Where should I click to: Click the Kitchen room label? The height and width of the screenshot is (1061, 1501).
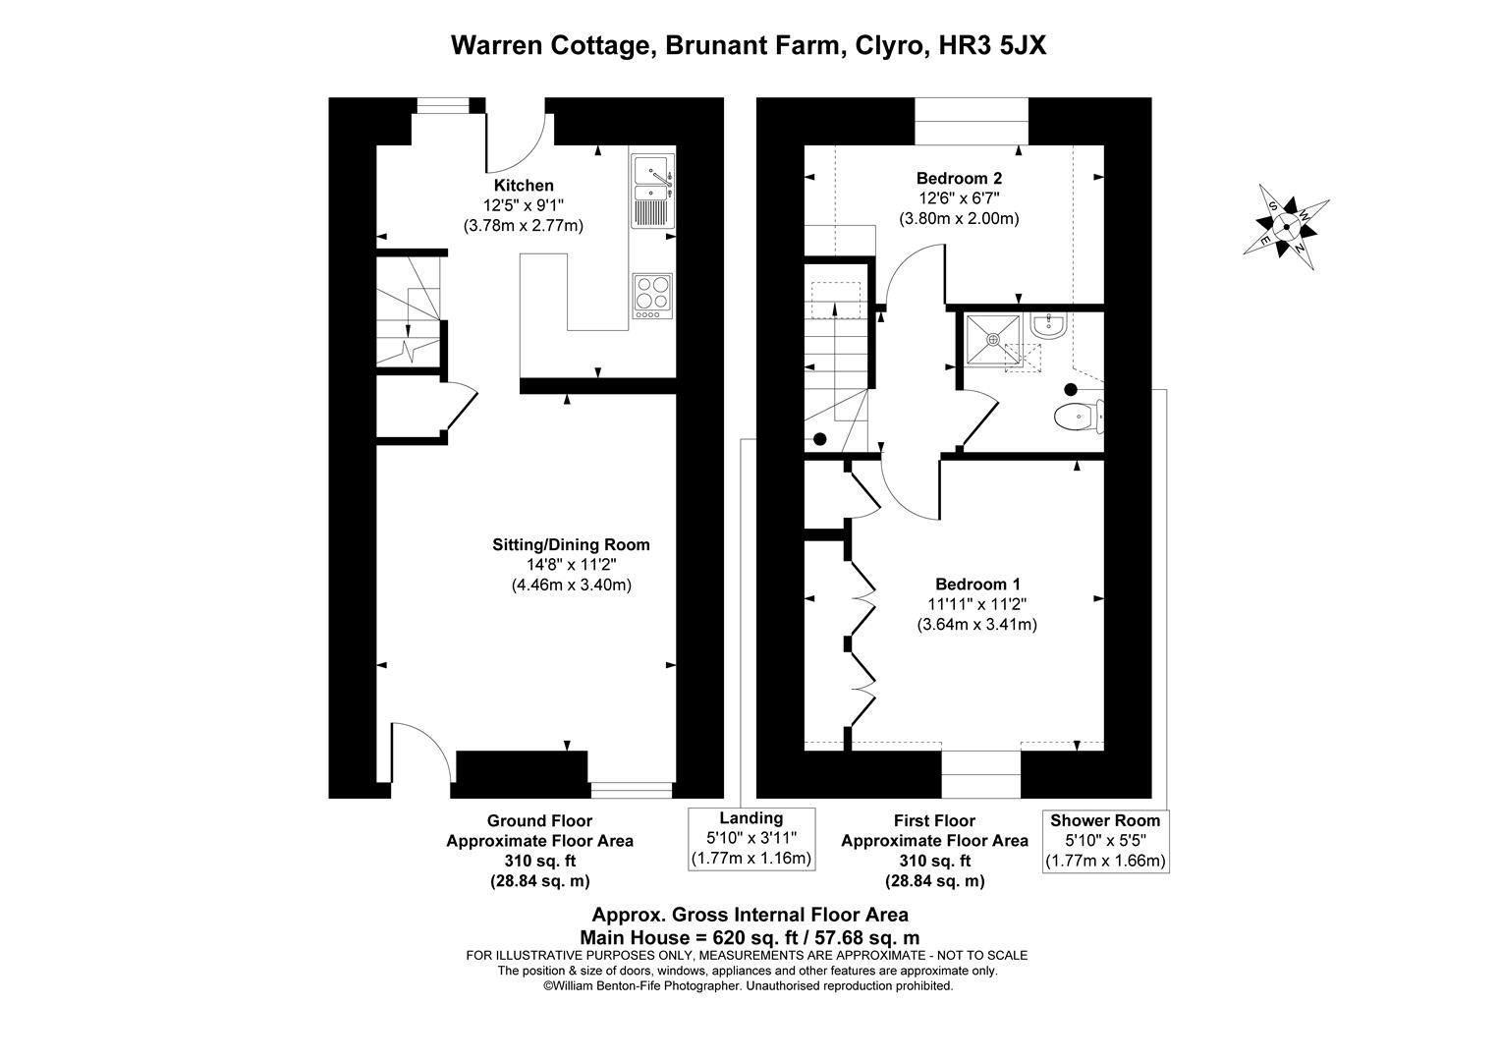pyautogui.click(x=523, y=186)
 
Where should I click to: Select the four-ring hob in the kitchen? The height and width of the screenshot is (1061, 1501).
pyautogui.click(x=650, y=296)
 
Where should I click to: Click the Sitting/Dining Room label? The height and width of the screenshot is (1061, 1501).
pyautogui.click(x=571, y=545)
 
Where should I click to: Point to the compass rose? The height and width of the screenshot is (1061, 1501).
pyautogui.click(x=1286, y=226)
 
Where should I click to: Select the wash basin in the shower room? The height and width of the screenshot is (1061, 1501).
pyautogui.click(x=1050, y=325)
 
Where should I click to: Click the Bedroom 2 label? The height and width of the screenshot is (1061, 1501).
pyautogui.click(x=959, y=179)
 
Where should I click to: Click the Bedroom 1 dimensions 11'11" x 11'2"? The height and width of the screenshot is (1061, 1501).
pyautogui.click(x=970, y=604)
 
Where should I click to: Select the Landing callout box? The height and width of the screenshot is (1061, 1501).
pyautogui.click(x=751, y=838)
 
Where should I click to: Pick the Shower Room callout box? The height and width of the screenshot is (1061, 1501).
pyautogui.click(x=1105, y=841)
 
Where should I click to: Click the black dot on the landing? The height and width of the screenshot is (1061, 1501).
pyautogui.click(x=819, y=438)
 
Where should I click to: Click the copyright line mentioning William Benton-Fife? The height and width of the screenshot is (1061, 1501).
pyautogui.click(x=748, y=985)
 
